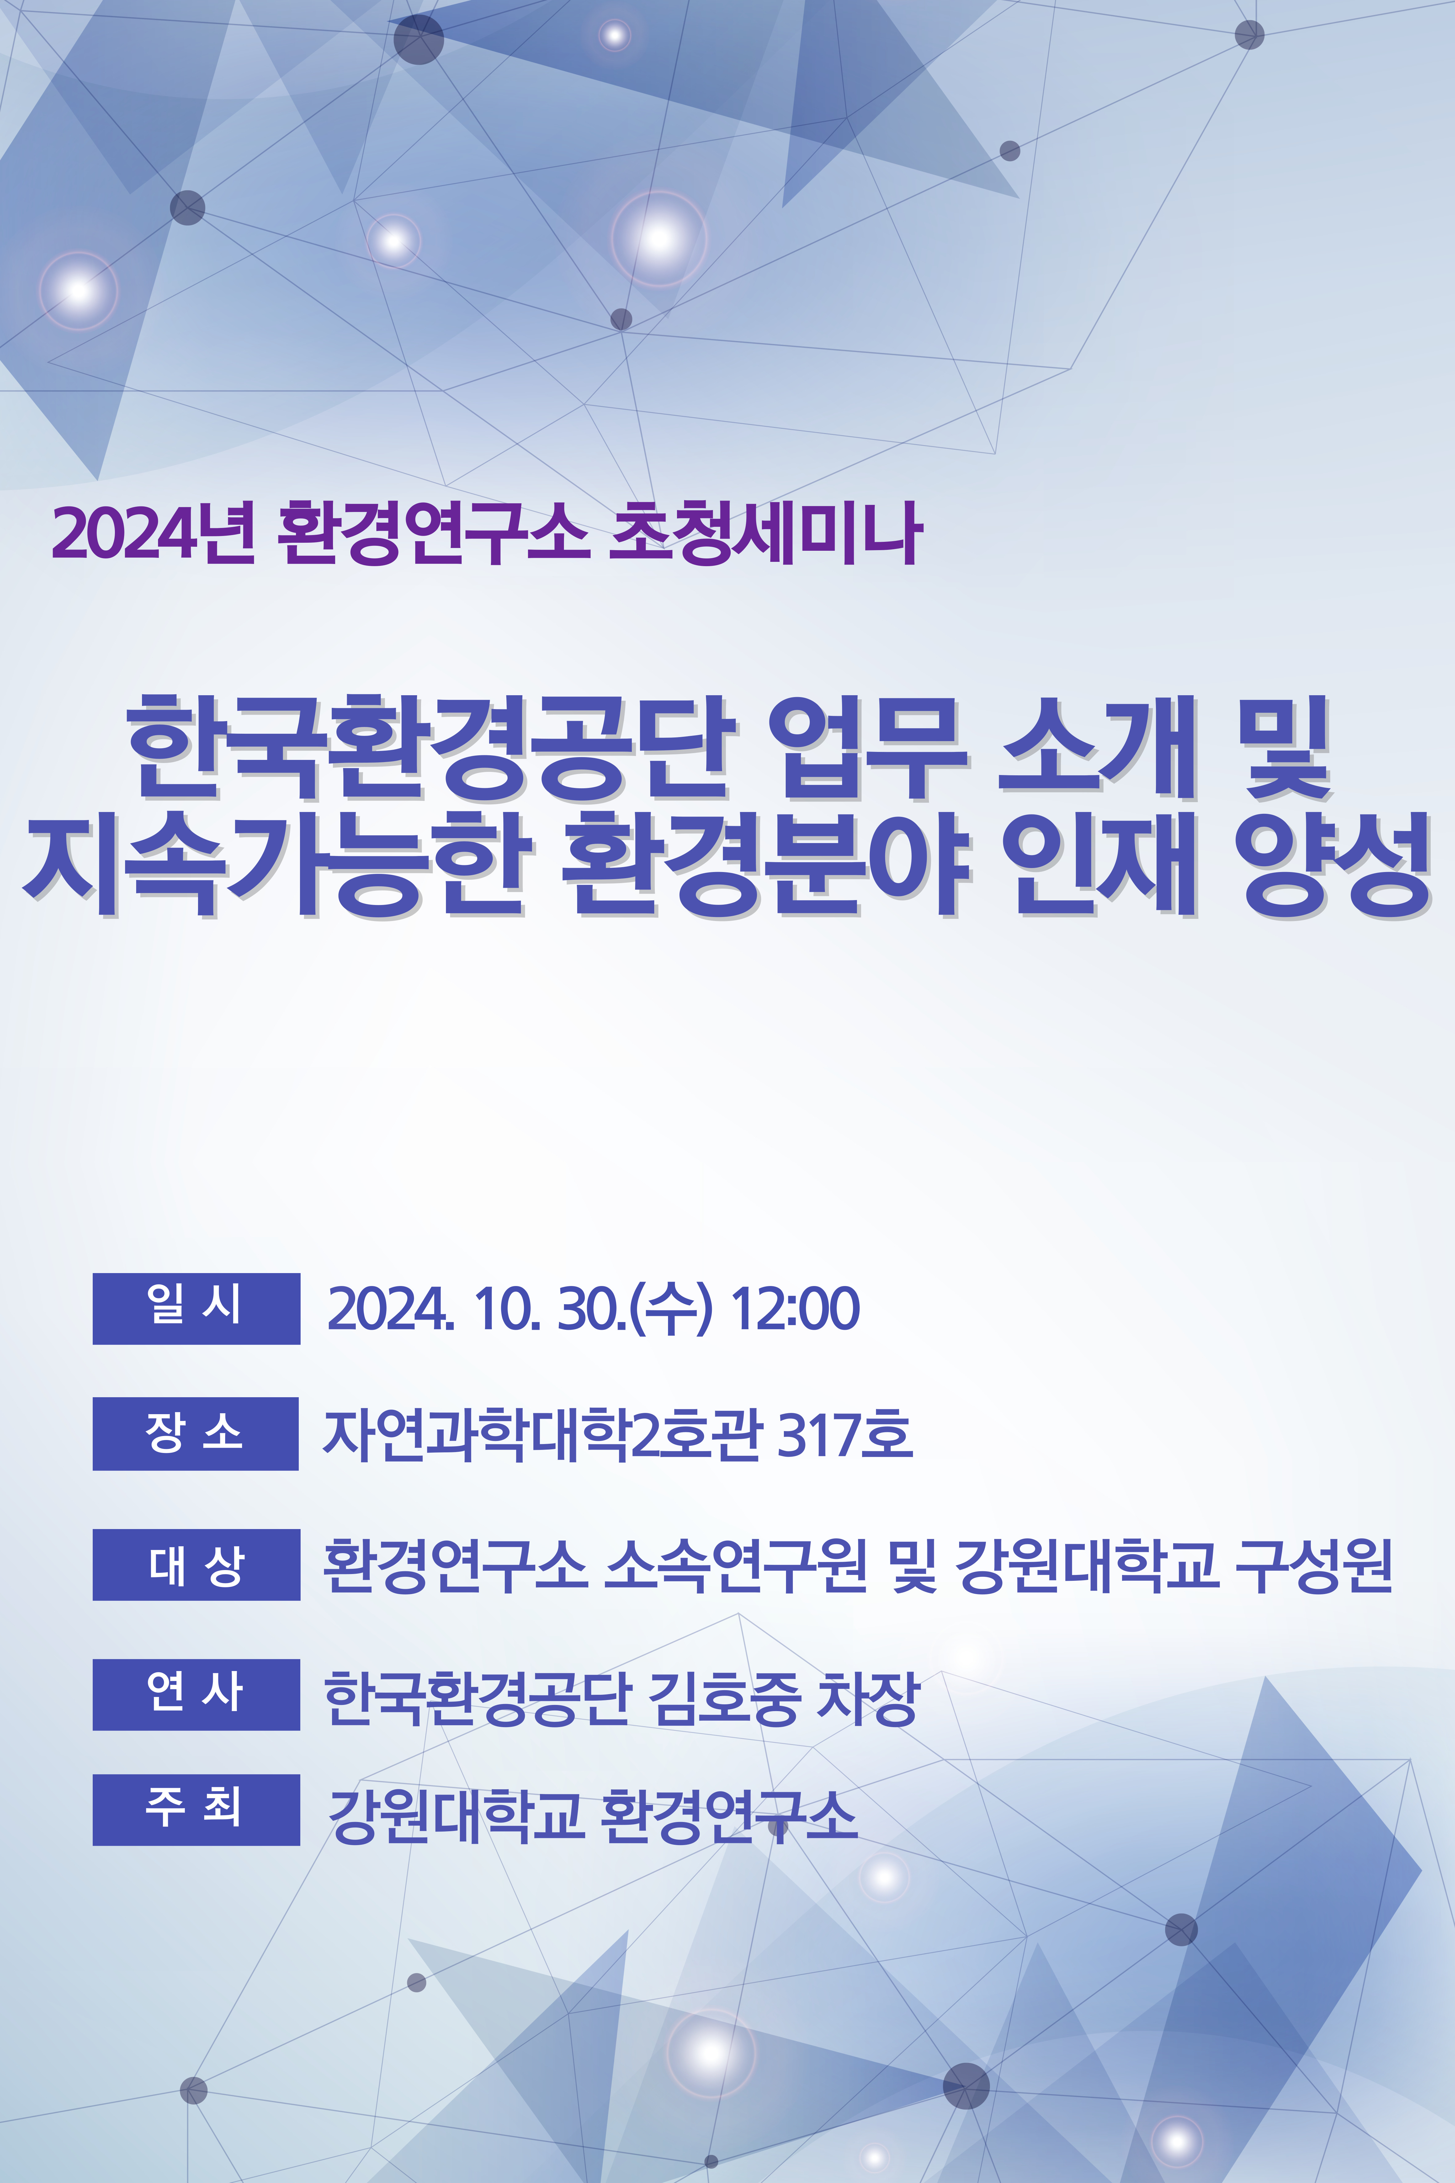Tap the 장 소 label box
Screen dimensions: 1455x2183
click(196, 1433)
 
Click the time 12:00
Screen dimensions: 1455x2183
click(795, 1309)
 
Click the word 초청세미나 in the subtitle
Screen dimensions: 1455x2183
click(765, 532)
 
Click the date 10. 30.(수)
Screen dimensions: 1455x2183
click(594, 1309)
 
